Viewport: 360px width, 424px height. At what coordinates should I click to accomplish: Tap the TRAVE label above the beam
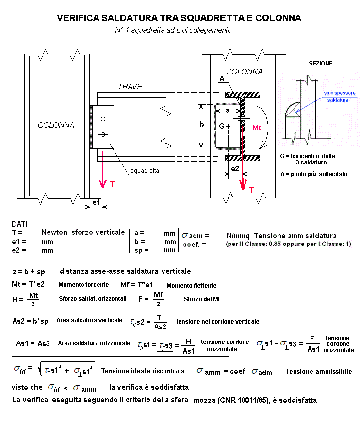pos(130,87)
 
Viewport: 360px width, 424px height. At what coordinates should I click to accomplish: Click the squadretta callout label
pos(145,170)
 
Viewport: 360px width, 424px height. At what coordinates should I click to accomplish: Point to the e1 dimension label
pos(96,201)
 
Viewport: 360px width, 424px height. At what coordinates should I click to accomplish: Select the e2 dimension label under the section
pos(234,169)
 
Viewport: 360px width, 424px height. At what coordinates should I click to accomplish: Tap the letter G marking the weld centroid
pos(222,126)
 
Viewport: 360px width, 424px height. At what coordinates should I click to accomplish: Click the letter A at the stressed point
pos(222,79)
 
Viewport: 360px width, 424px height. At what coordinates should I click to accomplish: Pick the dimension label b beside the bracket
pos(202,124)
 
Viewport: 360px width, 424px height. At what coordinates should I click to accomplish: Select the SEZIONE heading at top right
pos(321,64)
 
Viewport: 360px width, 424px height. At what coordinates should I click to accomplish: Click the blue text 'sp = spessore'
pos(340,92)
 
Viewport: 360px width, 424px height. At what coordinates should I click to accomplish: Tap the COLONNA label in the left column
pos(56,125)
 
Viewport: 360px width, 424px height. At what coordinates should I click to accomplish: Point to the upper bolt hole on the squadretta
pos(102,119)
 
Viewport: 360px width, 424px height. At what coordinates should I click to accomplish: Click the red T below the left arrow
pos(113,185)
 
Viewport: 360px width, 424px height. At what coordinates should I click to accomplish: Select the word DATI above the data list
pos(20,224)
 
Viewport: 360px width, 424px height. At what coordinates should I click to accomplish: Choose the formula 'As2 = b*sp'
pos(31,321)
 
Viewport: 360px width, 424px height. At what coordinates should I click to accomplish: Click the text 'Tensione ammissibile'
pos(319,372)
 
